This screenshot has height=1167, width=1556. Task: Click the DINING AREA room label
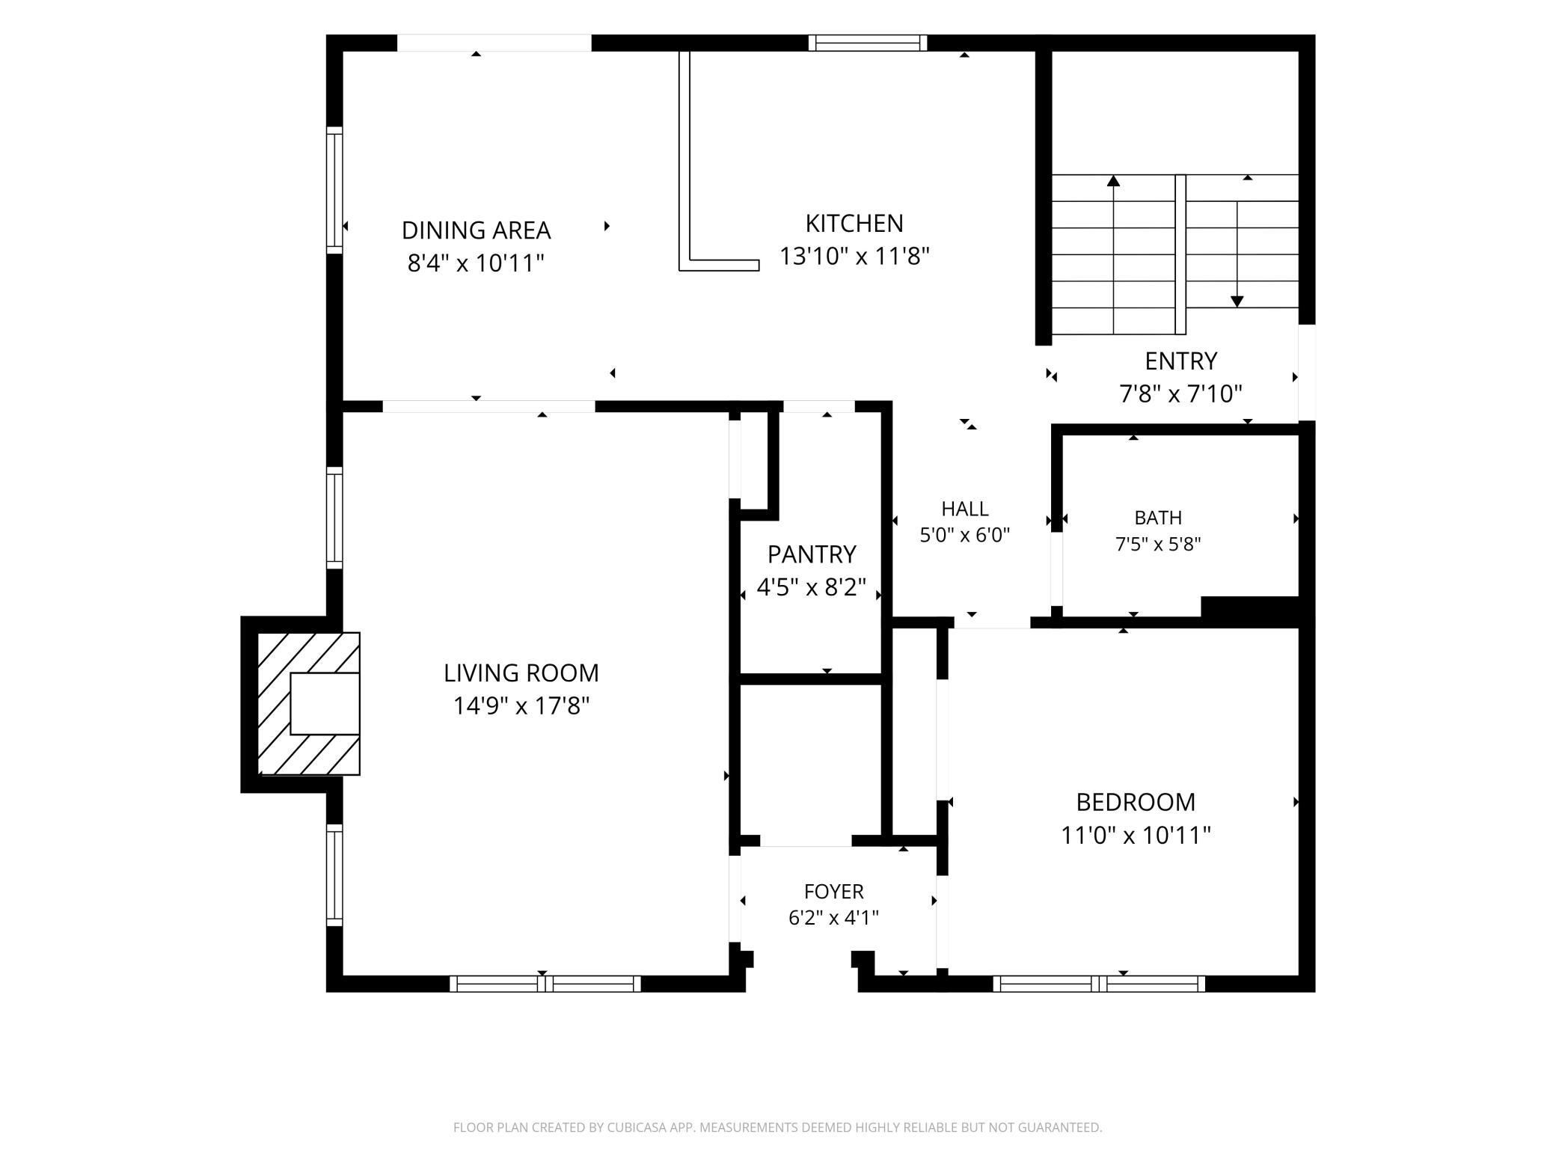(x=476, y=230)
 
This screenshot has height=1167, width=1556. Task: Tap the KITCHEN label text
(x=854, y=224)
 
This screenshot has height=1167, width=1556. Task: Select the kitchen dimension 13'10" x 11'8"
(x=854, y=257)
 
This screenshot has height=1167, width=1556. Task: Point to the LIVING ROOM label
(x=521, y=673)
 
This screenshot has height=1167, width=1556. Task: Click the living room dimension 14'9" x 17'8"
(x=521, y=706)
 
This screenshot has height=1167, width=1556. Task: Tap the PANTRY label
(x=812, y=554)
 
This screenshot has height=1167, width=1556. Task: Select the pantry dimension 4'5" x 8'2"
(x=812, y=588)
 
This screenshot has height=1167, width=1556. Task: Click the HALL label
(x=965, y=509)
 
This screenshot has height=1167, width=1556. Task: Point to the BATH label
(x=1158, y=518)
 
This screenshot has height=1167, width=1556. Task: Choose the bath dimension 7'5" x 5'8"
(x=1158, y=545)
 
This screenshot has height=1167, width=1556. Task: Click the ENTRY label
(x=1181, y=361)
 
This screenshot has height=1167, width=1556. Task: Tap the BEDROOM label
(x=1136, y=802)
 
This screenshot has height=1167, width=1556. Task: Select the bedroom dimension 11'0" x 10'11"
(x=1136, y=835)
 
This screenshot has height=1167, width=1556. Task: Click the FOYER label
(x=834, y=892)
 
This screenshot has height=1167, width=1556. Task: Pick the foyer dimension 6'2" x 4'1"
(x=834, y=918)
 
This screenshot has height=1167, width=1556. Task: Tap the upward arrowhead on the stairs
(x=1114, y=180)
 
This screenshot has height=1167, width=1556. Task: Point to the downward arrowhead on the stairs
(x=1237, y=301)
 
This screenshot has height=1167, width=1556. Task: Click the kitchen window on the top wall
(x=868, y=43)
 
